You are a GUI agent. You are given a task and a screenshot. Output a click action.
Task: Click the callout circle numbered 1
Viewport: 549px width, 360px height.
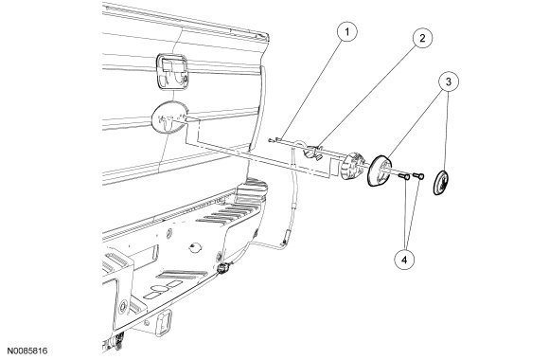point(346,32)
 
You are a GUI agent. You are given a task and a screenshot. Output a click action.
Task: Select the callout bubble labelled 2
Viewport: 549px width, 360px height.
point(422,38)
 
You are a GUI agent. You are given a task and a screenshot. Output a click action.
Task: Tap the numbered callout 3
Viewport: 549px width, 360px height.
point(449,81)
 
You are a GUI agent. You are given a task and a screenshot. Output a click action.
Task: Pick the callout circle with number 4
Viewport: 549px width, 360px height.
point(404,260)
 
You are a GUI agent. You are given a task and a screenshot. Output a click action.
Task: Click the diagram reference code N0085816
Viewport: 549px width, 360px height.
point(27,351)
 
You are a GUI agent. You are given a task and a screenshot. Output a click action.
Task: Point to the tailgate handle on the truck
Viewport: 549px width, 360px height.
point(171,71)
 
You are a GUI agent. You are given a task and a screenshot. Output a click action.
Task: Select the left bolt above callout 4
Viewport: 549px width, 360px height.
point(404,177)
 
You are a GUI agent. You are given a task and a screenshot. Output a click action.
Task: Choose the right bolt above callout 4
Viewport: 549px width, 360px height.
point(418,175)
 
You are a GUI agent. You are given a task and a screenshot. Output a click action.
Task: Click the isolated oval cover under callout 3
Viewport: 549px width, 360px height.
point(441,182)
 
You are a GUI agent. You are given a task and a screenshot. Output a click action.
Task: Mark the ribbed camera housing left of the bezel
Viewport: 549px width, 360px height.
point(352,166)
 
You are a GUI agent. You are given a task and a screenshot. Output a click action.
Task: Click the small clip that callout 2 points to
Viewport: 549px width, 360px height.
point(313,153)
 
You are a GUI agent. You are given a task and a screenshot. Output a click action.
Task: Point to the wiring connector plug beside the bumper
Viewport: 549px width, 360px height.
point(222,268)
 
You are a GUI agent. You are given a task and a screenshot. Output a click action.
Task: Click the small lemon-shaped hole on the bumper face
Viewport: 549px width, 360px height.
point(196,247)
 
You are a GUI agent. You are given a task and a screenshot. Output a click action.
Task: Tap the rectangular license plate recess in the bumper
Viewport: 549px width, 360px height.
point(147,254)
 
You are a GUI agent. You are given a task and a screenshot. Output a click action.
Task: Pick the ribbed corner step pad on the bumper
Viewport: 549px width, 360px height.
point(250,190)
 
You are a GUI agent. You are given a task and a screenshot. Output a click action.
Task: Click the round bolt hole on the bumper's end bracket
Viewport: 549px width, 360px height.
point(123,306)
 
